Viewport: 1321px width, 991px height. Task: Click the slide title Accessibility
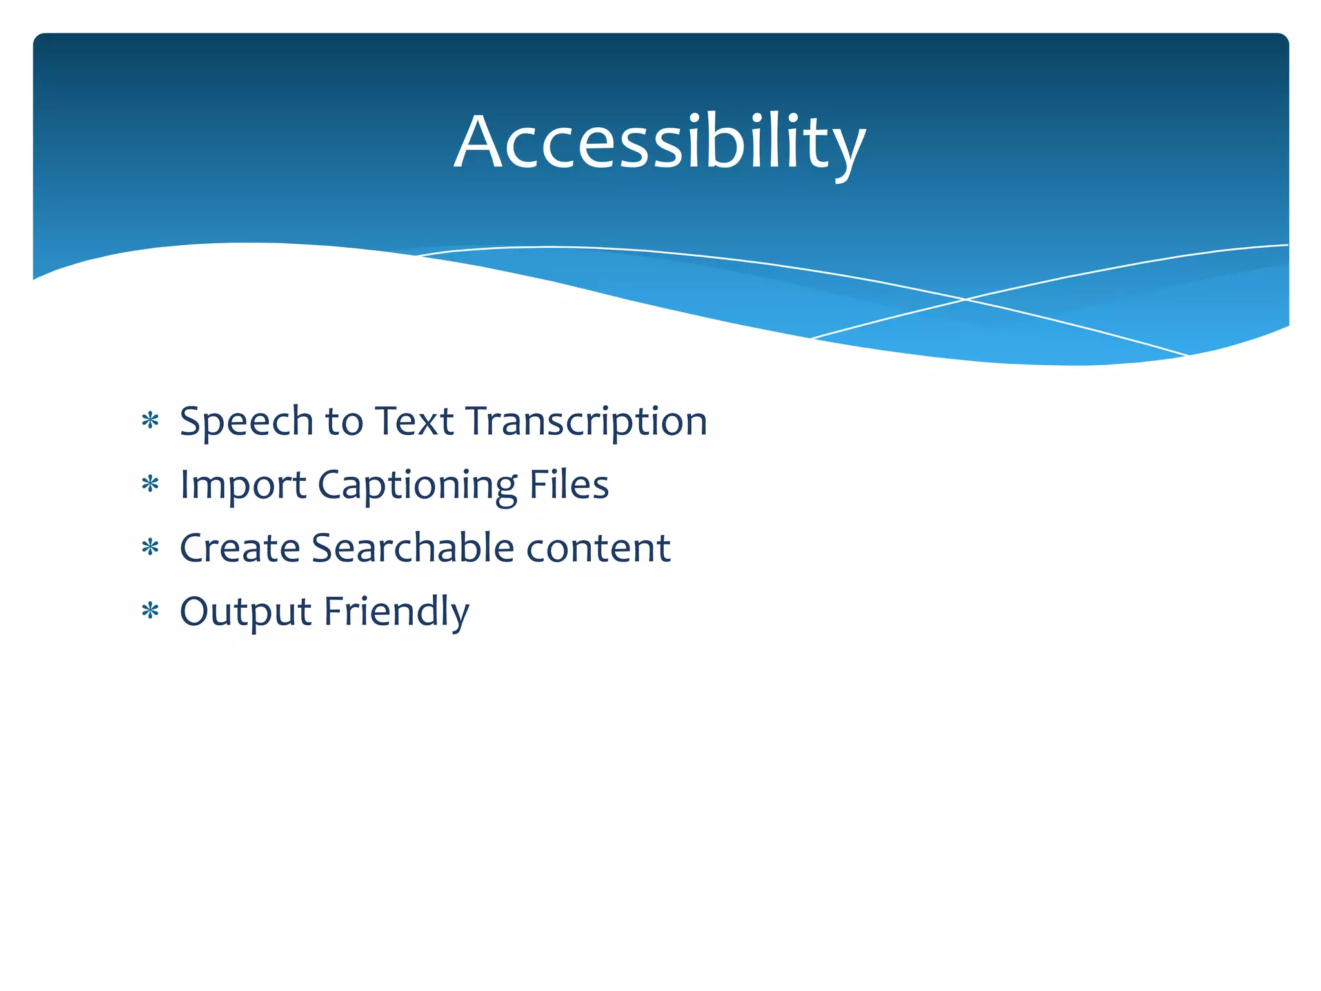pos(659,142)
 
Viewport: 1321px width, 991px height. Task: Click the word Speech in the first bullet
pos(247,422)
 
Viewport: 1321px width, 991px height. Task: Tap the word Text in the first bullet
pos(414,422)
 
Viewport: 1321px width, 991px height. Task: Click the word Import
pos(243,485)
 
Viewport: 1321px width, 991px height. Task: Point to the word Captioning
pos(417,485)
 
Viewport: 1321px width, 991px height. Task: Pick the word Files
pos(568,484)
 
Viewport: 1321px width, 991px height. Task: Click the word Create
pos(240,548)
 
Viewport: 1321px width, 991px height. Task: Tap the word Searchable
pos(413,548)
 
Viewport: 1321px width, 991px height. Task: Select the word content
pos(598,548)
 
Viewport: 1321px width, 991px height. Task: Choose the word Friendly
pos(396,612)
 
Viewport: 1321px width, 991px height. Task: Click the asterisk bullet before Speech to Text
pos(150,421)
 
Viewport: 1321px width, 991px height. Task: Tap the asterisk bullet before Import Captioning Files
pos(150,484)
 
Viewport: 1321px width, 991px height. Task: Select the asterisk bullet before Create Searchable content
pos(150,547)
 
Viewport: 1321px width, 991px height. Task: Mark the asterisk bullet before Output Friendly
pos(150,610)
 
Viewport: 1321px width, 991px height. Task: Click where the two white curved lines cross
pos(965,299)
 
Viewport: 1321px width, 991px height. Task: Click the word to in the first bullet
pos(344,422)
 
